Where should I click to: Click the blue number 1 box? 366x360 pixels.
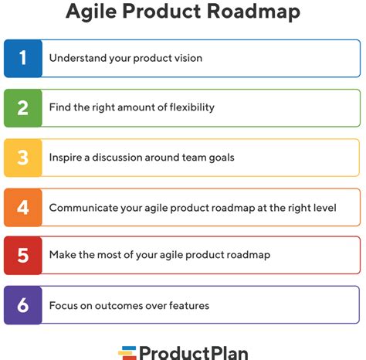click(23, 59)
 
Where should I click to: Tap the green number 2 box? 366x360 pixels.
click(23, 108)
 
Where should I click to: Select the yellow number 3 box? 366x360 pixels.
click(23, 158)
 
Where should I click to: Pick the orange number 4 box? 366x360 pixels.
click(23, 208)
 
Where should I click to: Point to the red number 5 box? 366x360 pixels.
click(23, 256)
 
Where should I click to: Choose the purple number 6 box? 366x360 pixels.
click(23, 305)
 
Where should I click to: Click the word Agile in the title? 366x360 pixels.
click(91, 12)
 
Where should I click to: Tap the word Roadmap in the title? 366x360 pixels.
click(253, 12)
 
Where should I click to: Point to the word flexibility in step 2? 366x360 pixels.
click(191, 107)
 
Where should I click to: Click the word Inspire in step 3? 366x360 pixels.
click(66, 158)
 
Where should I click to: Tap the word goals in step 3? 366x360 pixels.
click(222, 158)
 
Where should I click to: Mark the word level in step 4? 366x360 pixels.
click(327, 208)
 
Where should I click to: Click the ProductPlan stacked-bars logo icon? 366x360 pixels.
click(127, 353)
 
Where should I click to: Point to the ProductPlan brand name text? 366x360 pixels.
click(194, 353)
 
